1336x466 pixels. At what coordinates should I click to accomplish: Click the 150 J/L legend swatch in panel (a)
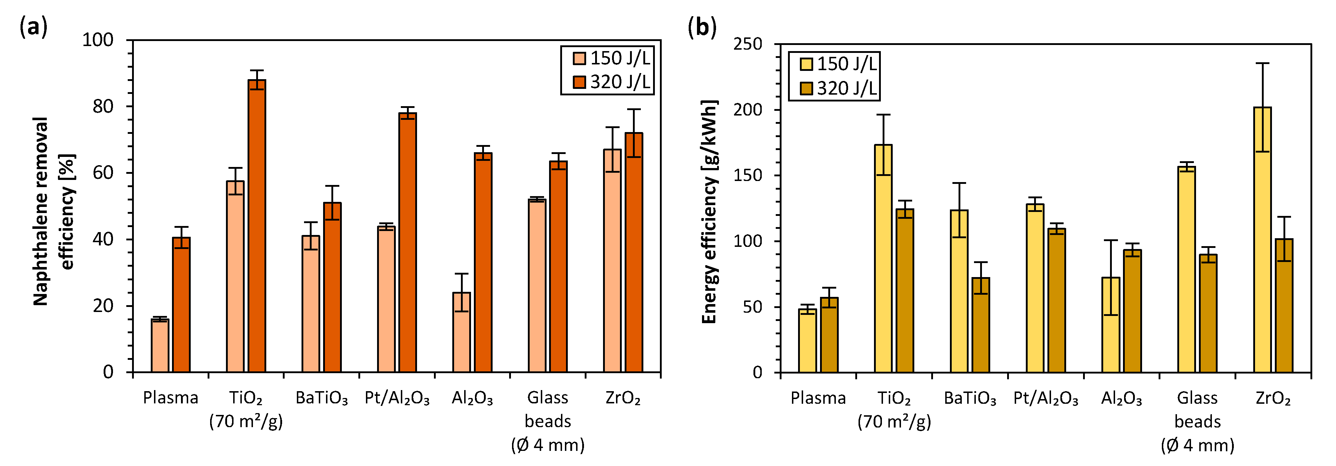tap(579, 58)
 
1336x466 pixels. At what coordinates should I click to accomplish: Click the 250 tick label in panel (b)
tap(747, 44)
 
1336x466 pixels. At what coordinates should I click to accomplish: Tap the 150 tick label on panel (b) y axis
tap(747, 175)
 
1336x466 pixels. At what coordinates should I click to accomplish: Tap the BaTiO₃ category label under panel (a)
tap(322, 398)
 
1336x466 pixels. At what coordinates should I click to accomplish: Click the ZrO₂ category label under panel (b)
tap(1273, 398)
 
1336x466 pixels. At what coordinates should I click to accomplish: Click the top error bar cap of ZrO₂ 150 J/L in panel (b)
tap(1262, 63)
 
